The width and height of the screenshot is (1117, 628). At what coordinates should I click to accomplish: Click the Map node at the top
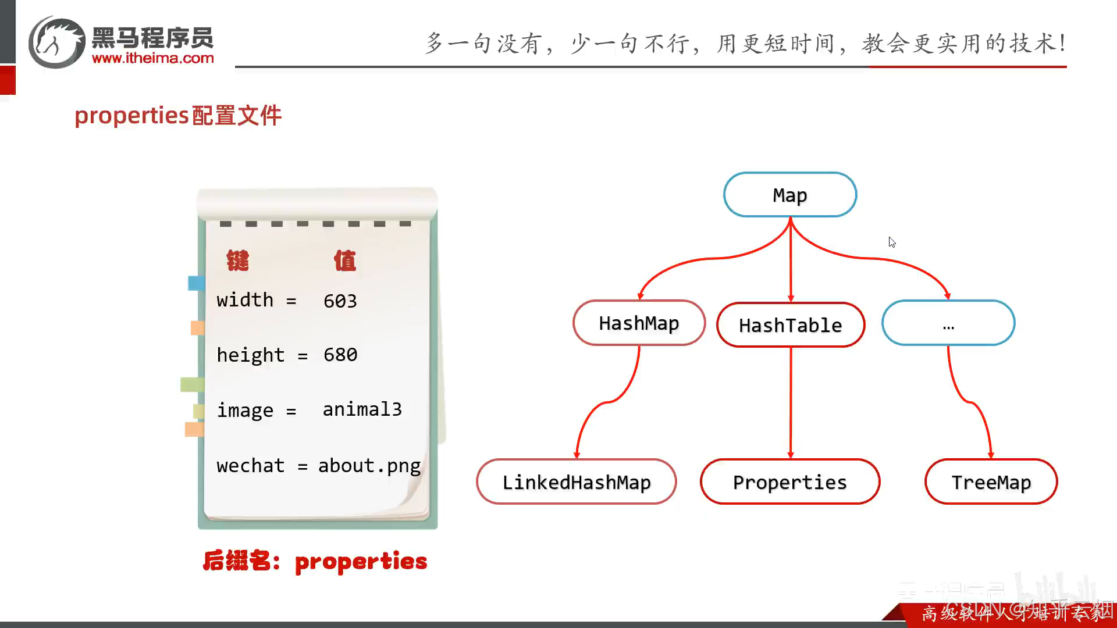pos(789,195)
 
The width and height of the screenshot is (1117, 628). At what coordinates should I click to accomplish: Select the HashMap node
pos(639,323)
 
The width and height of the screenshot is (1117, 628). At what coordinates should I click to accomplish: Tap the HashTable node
pos(790,325)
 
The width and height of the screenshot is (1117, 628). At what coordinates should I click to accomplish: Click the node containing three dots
pos(948,323)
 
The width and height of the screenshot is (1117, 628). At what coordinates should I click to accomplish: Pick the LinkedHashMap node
pos(576,482)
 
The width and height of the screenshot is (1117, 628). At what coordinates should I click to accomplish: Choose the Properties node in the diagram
pos(789,482)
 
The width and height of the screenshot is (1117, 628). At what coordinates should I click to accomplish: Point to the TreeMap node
pos(991,482)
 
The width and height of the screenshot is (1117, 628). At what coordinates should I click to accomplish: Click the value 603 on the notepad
pos(340,301)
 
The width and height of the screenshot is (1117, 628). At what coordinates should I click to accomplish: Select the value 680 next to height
pos(340,355)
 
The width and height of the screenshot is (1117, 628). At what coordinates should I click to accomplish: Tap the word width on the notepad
pos(244,300)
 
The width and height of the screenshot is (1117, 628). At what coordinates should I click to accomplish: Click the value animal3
pos(362,409)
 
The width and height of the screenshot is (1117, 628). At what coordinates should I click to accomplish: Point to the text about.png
pos(369,466)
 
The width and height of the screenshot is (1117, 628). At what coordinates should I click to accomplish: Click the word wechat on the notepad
pos(250,466)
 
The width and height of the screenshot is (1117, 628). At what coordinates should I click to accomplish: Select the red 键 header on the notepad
pos(238,261)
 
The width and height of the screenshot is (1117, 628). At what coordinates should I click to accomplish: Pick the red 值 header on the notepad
pos(345,261)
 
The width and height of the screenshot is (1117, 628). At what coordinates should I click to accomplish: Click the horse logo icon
pos(56,42)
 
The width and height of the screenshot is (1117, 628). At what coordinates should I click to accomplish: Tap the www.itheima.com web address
pos(152,58)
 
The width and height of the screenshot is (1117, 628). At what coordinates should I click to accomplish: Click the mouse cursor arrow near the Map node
pos(892,242)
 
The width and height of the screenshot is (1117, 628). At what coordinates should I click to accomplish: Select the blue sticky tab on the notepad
pos(196,283)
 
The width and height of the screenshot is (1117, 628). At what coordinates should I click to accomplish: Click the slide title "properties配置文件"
pos(178,115)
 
